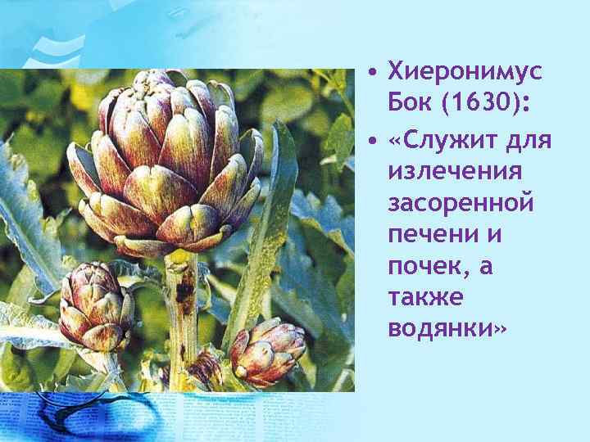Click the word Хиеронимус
(465, 72)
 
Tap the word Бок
(409, 106)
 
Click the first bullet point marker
(373, 74)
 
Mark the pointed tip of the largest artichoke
(152, 76)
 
